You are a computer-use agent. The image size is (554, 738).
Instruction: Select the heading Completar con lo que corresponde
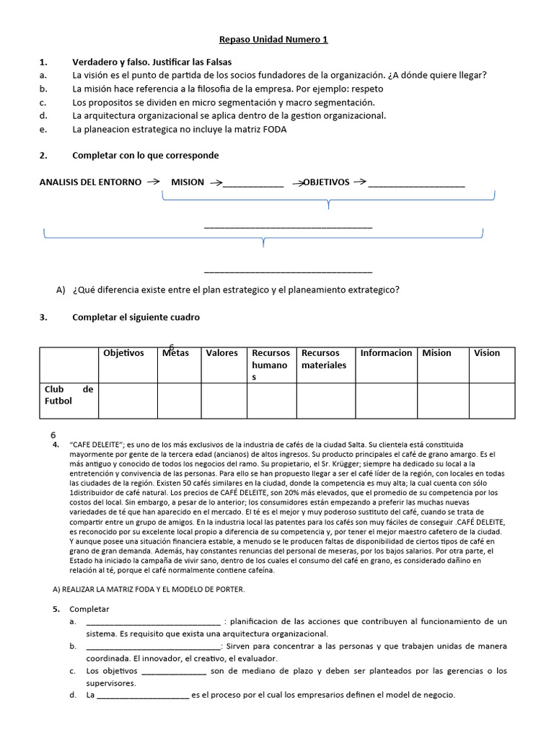pos(145,156)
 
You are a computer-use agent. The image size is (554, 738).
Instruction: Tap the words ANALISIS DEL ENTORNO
pos(90,182)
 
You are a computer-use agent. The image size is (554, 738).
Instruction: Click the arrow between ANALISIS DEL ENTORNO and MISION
pos(152,182)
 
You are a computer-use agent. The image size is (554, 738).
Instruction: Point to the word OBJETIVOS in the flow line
pos(325,182)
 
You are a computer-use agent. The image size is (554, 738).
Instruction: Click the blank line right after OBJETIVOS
pos(416,185)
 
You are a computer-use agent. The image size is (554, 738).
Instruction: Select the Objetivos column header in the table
pos(123,353)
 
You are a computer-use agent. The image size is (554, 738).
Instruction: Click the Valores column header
pos(221,353)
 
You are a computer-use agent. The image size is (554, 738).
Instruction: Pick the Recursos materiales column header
pos(324,359)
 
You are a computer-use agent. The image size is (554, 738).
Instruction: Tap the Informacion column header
pos(386,353)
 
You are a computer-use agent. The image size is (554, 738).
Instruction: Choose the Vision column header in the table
pos(486,353)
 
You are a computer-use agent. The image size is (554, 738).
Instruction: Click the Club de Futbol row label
pos(69,395)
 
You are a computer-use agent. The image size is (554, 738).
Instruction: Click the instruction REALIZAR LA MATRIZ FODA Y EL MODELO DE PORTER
pos(149,589)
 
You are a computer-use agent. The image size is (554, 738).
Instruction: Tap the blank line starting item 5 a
pos(153,622)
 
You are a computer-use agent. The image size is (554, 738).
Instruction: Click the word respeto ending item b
pos(366,89)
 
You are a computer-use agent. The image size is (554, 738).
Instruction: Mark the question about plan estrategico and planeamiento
pos(236,290)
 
